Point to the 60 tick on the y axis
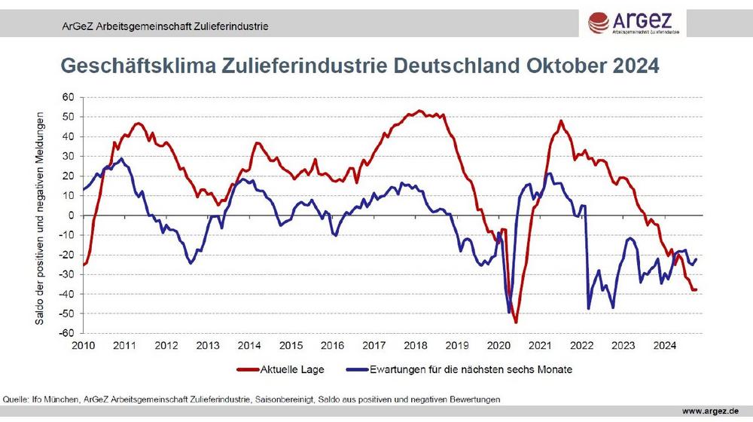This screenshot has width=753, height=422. (x=68, y=98)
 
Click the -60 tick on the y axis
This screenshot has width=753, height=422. (x=66, y=333)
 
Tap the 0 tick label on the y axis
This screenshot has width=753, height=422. (x=71, y=216)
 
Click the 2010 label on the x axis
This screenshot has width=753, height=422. (x=83, y=346)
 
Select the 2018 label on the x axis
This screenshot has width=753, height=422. (x=415, y=346)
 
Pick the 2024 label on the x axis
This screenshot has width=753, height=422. (x=663, y=346)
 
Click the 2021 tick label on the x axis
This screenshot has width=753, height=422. (x=539, y=346)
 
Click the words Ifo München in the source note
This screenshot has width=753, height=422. (x=55, y=397)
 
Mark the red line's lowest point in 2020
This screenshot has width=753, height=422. (x=516, y=323)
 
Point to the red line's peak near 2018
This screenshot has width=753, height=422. (x=419, y=111)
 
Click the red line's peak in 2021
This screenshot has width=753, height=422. (x=561, y=121)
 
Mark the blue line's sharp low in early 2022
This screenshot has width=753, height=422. (x=589, y=308)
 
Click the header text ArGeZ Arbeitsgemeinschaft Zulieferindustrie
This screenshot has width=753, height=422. (x=166, y=26)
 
